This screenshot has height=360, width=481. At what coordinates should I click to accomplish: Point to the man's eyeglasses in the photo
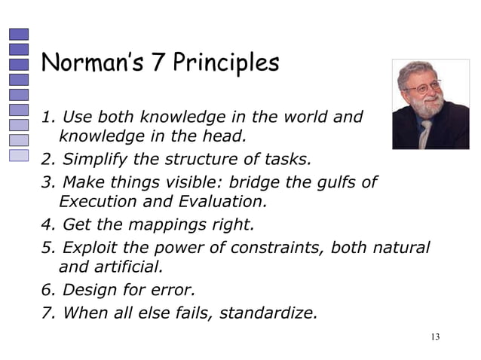[x=424, y=87]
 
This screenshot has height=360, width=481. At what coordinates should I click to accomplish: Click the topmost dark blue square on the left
[x=19, y=34]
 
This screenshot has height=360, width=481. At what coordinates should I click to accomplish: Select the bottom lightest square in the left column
[x=19, y=155]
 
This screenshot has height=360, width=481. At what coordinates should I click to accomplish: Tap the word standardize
[x=268, y=312]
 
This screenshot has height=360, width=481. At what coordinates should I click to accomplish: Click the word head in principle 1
[x=225, y=137]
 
